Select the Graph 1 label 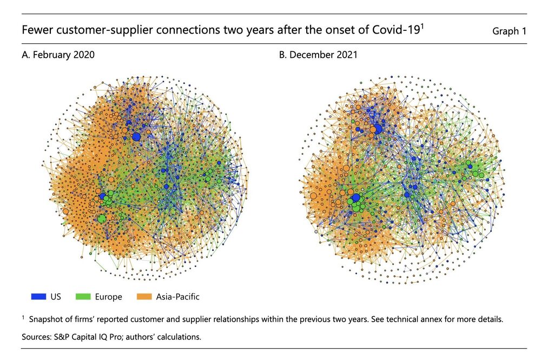509,31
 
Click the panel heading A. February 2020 60,55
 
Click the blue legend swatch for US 38,297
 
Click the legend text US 56,297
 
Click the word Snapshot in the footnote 47,319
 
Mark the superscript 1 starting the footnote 24,317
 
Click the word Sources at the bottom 37,337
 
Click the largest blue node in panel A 136,137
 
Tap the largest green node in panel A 102,218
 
